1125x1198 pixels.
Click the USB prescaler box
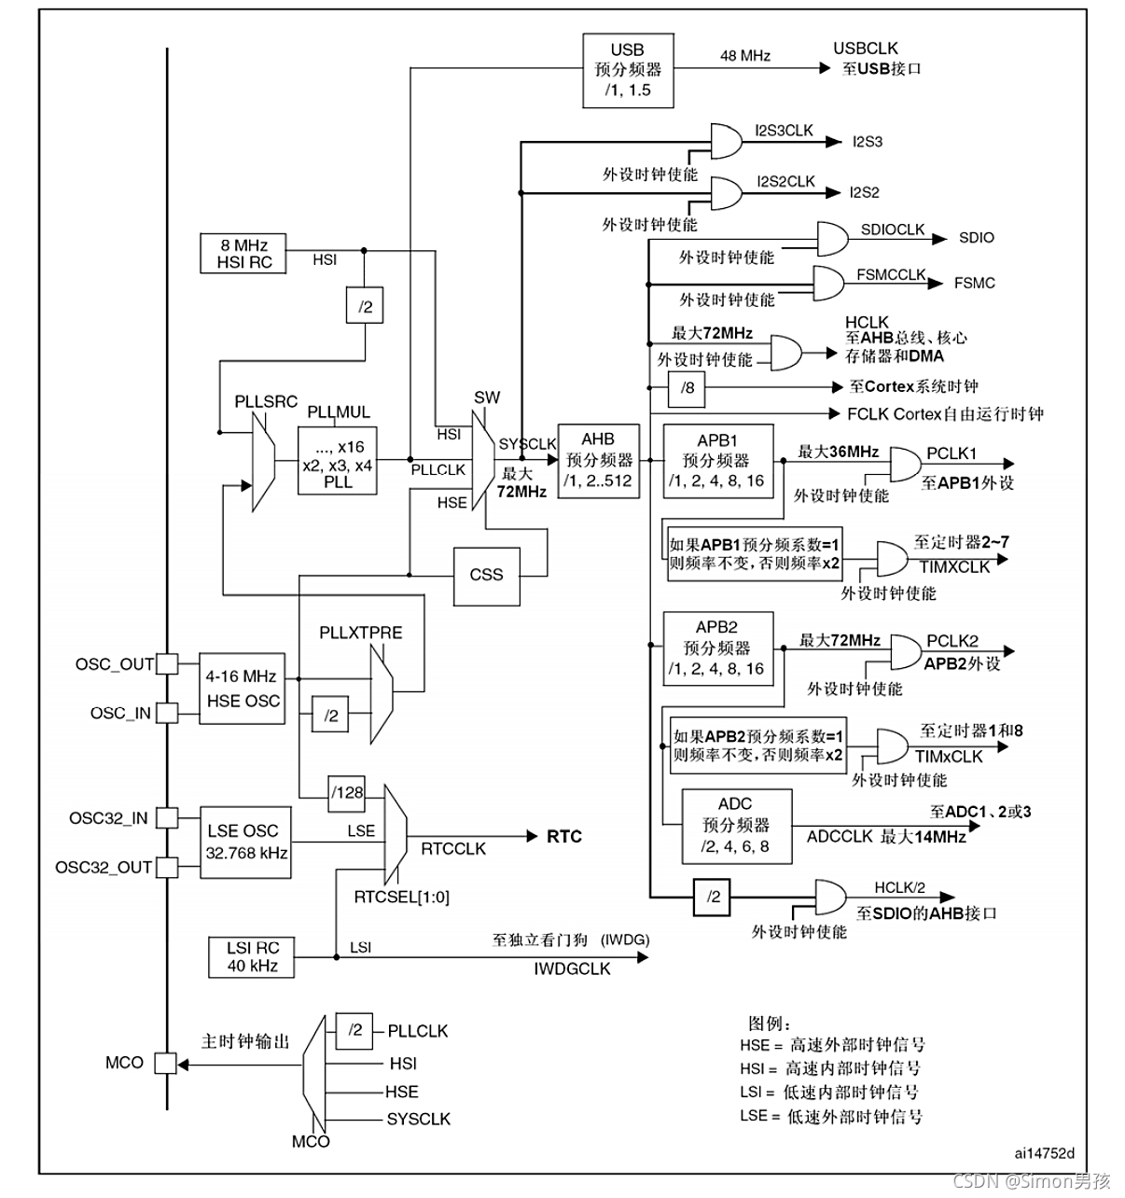(x=628, y=70)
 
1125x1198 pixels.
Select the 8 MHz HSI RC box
(x=244, y=253)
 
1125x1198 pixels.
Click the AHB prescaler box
(x=598, y=460)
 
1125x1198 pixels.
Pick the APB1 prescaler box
(x=717, y=461)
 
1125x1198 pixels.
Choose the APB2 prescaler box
(x=717, y=648)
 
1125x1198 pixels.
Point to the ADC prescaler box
(x=736, y=825)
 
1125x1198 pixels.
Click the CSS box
(x=486, y=575)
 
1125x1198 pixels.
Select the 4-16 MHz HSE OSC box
(x=243, y=689)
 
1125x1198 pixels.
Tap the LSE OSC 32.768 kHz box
(x=243, y=842)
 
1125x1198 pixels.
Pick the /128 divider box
(x=347, y=792)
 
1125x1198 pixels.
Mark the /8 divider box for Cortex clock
(x=687, y=387)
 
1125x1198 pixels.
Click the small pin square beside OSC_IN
(x=167, y=713)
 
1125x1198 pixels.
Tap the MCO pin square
(x=166, y=1063)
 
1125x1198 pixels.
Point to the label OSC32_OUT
(x=103, y=867)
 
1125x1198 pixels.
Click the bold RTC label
(x=563, y=836)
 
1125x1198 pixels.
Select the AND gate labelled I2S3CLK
(x=726, y=142)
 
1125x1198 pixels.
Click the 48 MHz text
(x=745, y=56)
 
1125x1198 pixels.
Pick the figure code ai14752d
(x=1044, y=1152)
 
